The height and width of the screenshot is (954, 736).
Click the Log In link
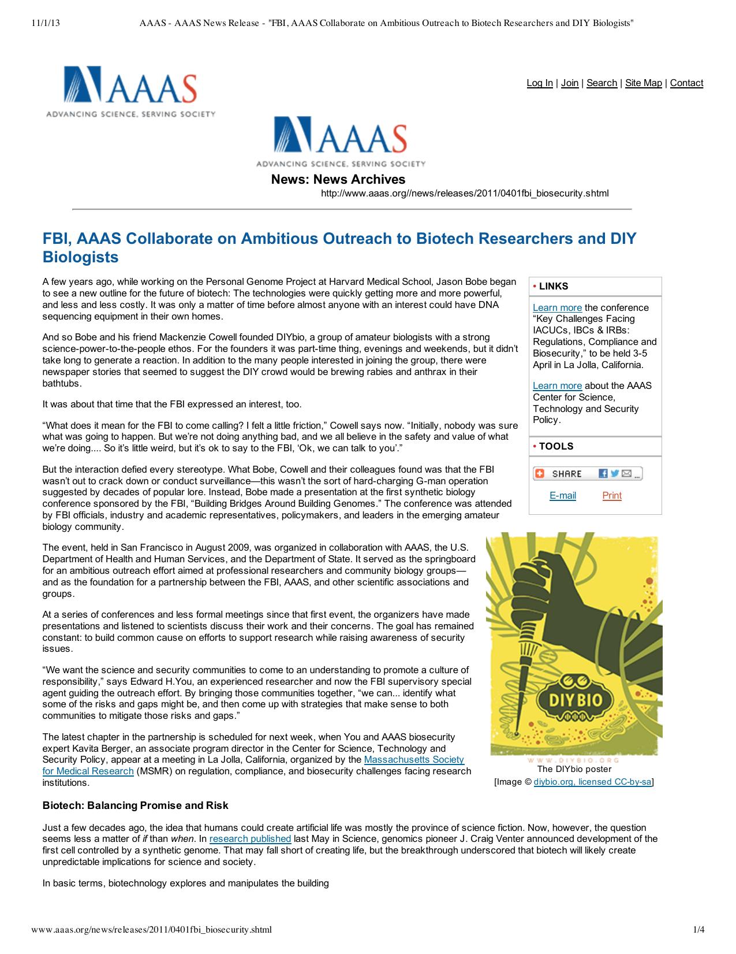click(x=539, y=83)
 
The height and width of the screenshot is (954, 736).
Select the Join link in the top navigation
click(x=569, y=83)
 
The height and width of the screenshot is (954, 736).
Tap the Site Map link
click(x=643, y=83)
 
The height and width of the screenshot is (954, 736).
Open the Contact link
click(x=686, y=83)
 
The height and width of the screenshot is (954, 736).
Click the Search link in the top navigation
click(x=601, y=83)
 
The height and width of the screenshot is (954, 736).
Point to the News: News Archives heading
click(x=338, y=180)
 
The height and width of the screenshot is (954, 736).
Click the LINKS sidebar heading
click(x=553, y=287)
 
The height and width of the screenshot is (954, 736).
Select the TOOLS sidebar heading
click(x=556, y=446)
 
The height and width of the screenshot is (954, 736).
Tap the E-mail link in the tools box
click(x=562, y=496)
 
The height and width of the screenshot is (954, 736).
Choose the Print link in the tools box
click(x=612, y=496)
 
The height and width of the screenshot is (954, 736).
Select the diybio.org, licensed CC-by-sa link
click(x=592, y=782)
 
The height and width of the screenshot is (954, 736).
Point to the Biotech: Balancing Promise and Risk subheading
click(x=136, y=805)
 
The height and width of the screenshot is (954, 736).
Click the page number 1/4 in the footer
click(x=698, y=930)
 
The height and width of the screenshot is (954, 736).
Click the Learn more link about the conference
click(x=557, y=308)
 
